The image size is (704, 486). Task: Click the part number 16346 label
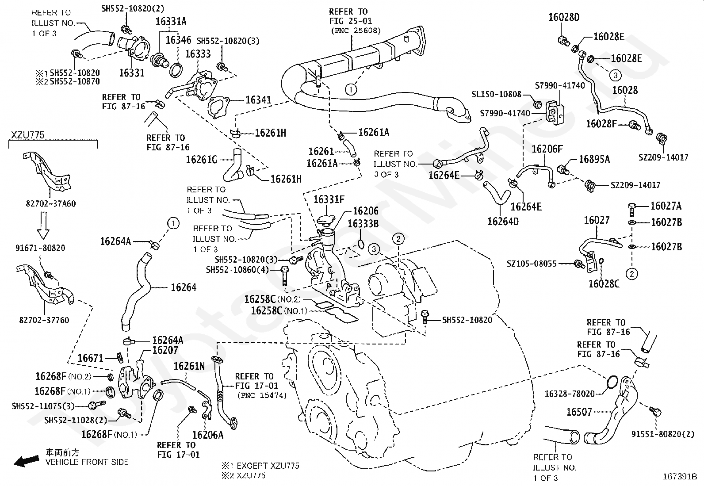[178, 40]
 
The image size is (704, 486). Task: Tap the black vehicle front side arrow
[26, 461]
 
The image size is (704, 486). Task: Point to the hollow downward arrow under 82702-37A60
[43, 226]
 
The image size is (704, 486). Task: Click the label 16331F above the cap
[329, 199]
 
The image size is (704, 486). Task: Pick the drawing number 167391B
[680, 477]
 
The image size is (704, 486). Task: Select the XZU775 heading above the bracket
[28, 135]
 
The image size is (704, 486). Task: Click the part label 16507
[579, 412]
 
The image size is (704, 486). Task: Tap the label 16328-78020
[570, 394]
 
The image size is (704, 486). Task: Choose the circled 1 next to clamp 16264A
[173, 223]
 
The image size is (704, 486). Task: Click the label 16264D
[503, 221]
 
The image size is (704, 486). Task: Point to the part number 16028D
[564, 17]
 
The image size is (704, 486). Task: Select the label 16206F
[547, 149]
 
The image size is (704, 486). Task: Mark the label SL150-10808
[497, 94]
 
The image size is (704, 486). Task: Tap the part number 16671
[90, 358]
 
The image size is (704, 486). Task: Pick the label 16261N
[189, 366]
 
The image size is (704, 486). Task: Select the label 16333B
[363, 223]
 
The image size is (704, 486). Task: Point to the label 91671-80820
[40, 248]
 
